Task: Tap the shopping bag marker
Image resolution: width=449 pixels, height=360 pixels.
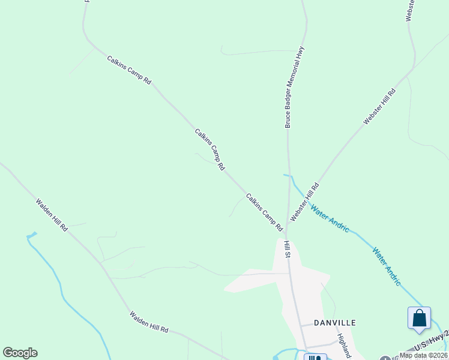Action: click(419, 318)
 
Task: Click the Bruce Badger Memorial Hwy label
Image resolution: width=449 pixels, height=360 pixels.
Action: click(295, 88)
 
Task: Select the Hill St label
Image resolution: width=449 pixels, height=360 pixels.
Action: click(288, 249)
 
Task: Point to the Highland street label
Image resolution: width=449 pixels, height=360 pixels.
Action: click(343, 346)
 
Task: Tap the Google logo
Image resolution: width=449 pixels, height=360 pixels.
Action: click(20, 353)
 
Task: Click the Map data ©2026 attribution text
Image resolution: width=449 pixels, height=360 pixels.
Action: click(424, 355)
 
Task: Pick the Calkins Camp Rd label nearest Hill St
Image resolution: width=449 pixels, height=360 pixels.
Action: click(264, 212)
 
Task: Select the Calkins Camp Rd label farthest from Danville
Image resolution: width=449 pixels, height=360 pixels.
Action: click(129, 70)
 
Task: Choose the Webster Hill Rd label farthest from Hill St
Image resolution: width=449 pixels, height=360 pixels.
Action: click(380, 107)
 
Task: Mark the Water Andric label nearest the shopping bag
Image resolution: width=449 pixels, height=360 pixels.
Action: click(386, 266)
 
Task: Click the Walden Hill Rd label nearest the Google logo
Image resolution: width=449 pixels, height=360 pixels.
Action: click(148, 322)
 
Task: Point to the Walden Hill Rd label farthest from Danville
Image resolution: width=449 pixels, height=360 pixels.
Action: click(52, 215)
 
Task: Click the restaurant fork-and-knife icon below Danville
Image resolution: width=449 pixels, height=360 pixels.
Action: click(315, 358)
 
